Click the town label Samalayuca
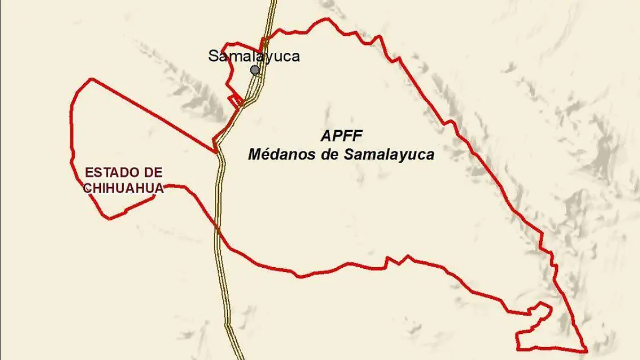[x=254, y=56]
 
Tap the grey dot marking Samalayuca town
[x=255, y=70]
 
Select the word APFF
[x=341, y=135]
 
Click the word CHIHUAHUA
[x=123, y=188]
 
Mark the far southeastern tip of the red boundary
[x=587, y=350]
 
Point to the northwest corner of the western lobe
[x=92, y=79]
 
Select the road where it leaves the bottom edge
[x=238, y=358]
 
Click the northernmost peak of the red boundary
[x=326, y=19]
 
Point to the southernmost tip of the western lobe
[x=110, y=219]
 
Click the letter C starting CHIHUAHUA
[x=87, y=188]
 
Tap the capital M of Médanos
[x=255, y=155]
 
